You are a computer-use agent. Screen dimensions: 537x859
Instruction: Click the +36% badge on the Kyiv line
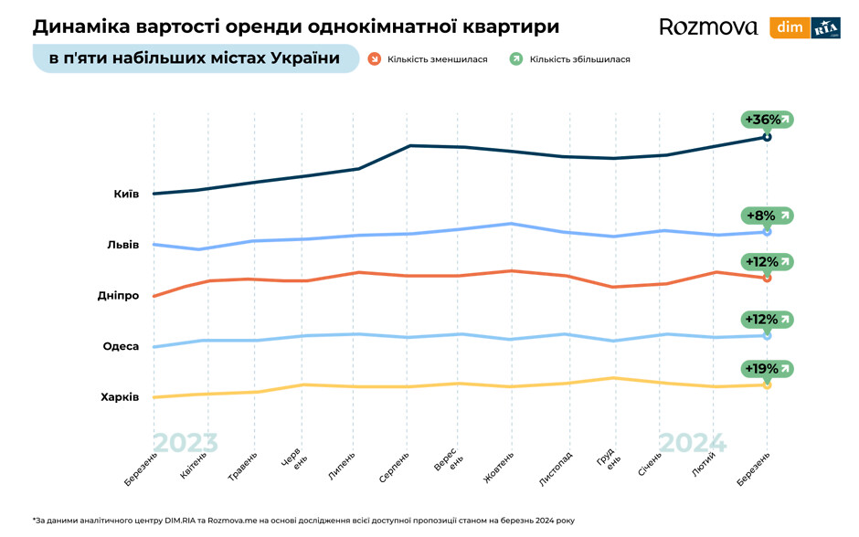coord(768,120)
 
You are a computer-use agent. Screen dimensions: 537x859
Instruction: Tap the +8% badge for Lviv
coord(768,216)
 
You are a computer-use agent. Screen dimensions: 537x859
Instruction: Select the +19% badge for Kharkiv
coord(768,369)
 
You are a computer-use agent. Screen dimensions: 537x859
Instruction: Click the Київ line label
coord(126,194)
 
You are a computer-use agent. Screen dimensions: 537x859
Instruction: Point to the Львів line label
coord(123,245)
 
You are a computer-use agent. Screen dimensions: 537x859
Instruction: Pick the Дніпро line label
coord(119,296)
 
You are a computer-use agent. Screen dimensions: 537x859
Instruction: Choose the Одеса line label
coord(122,347)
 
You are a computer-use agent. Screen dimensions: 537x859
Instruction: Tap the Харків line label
coord(120,397)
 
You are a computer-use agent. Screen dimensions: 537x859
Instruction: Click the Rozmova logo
coord(708,27)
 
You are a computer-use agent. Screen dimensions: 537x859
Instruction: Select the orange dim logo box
coord(790,27)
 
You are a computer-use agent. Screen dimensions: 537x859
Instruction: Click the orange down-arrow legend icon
coord(374,58)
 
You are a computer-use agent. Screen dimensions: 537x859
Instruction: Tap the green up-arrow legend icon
coord(516,58)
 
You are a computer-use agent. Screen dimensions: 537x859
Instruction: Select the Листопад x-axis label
coord(557,469)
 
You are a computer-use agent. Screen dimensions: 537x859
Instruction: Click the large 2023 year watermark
coord(186,443)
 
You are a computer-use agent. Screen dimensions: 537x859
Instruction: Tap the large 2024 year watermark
coord(693,443)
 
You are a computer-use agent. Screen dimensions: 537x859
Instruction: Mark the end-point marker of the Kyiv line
coord(767,137)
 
